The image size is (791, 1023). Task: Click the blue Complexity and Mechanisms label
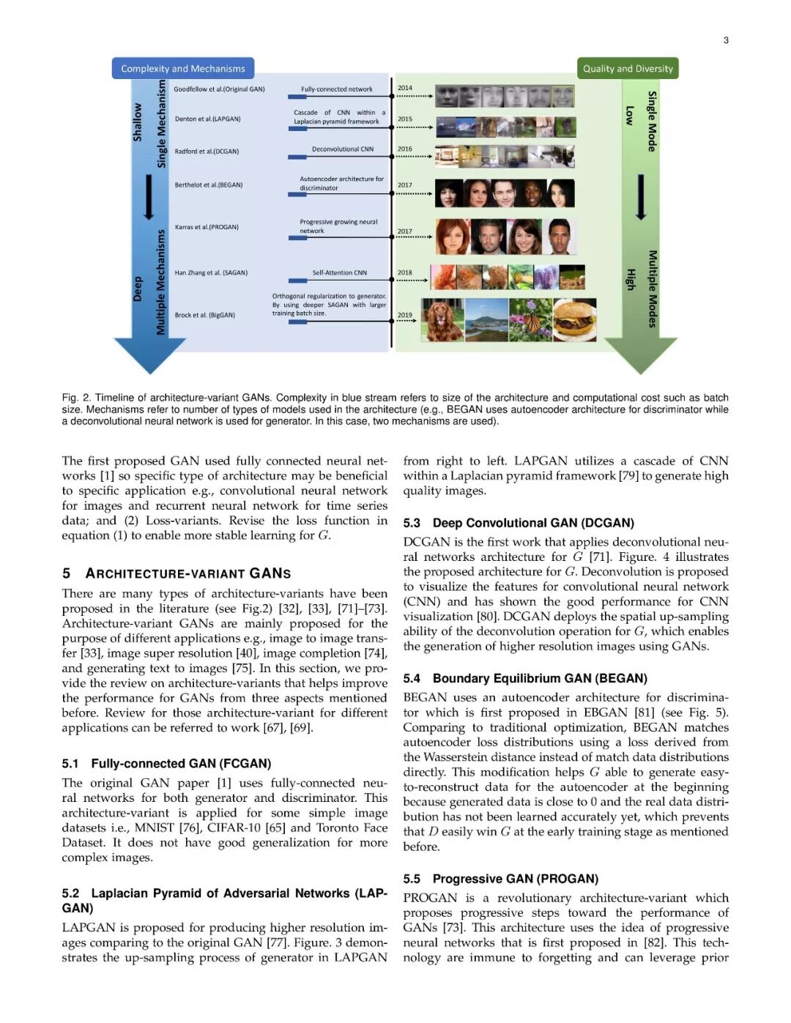(x=182, y=68)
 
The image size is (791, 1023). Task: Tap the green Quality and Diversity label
(x=628, y=68)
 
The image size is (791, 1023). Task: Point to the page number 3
(x=726, y=40)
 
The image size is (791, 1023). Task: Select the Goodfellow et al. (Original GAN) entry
(x=219, y=89)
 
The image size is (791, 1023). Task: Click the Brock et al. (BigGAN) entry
(x=205, y=315)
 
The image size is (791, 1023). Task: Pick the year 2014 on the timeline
(x=405, y=88)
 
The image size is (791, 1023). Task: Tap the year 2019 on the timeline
(x=405, y=315)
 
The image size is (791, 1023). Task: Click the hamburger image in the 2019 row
(x=575, y=319)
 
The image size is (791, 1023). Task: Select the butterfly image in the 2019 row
(x=530, y=319)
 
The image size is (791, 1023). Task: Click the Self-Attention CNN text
(x=339, y=272)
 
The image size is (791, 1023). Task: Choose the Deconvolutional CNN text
(x=342, y=149)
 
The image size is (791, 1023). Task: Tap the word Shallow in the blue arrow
(x=137, y=122)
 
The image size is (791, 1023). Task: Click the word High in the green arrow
(x=630, y=278)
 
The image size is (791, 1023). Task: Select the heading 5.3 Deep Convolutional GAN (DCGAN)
(x=519, y=523)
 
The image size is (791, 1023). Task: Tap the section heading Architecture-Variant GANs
(x=187, y=573)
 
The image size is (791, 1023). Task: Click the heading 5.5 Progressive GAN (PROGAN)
(x=500, y=879)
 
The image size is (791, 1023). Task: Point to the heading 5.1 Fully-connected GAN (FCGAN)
(x=166, y=764)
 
